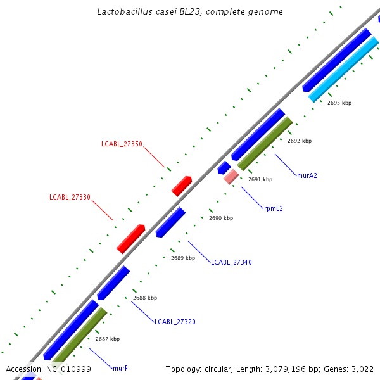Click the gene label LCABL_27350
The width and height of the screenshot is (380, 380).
click(x=122, y=144)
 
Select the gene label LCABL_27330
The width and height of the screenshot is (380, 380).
click(x=70, y=197)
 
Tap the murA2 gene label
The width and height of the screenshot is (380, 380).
click(x=307, y=175)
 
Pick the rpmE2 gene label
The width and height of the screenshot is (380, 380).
click(x=274, y=208)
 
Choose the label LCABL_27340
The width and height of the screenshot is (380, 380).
click(x=231, y=262)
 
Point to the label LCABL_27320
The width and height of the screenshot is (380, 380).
click(x=175, y=322)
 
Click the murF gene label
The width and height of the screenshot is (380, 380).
click(x=120, y=368)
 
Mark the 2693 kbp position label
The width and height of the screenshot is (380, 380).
click(x=339, y=103)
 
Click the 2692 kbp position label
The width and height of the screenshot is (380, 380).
click(x=300, y=141)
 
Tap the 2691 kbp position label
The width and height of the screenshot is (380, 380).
click(x=260, y=179)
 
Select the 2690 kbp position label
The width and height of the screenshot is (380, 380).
click(x=221, y=218)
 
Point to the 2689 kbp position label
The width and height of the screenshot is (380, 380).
click(x=183, y=258)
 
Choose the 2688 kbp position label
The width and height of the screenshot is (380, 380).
click(x=145, y=298)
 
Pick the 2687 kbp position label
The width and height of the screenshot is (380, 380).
click(x=108, y=339)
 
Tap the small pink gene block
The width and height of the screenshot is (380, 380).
click(x=231, y=177)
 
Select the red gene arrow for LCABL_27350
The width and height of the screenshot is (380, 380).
click(x=182, y=186)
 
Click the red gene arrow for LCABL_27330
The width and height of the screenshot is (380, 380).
click(x=131, y=238)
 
